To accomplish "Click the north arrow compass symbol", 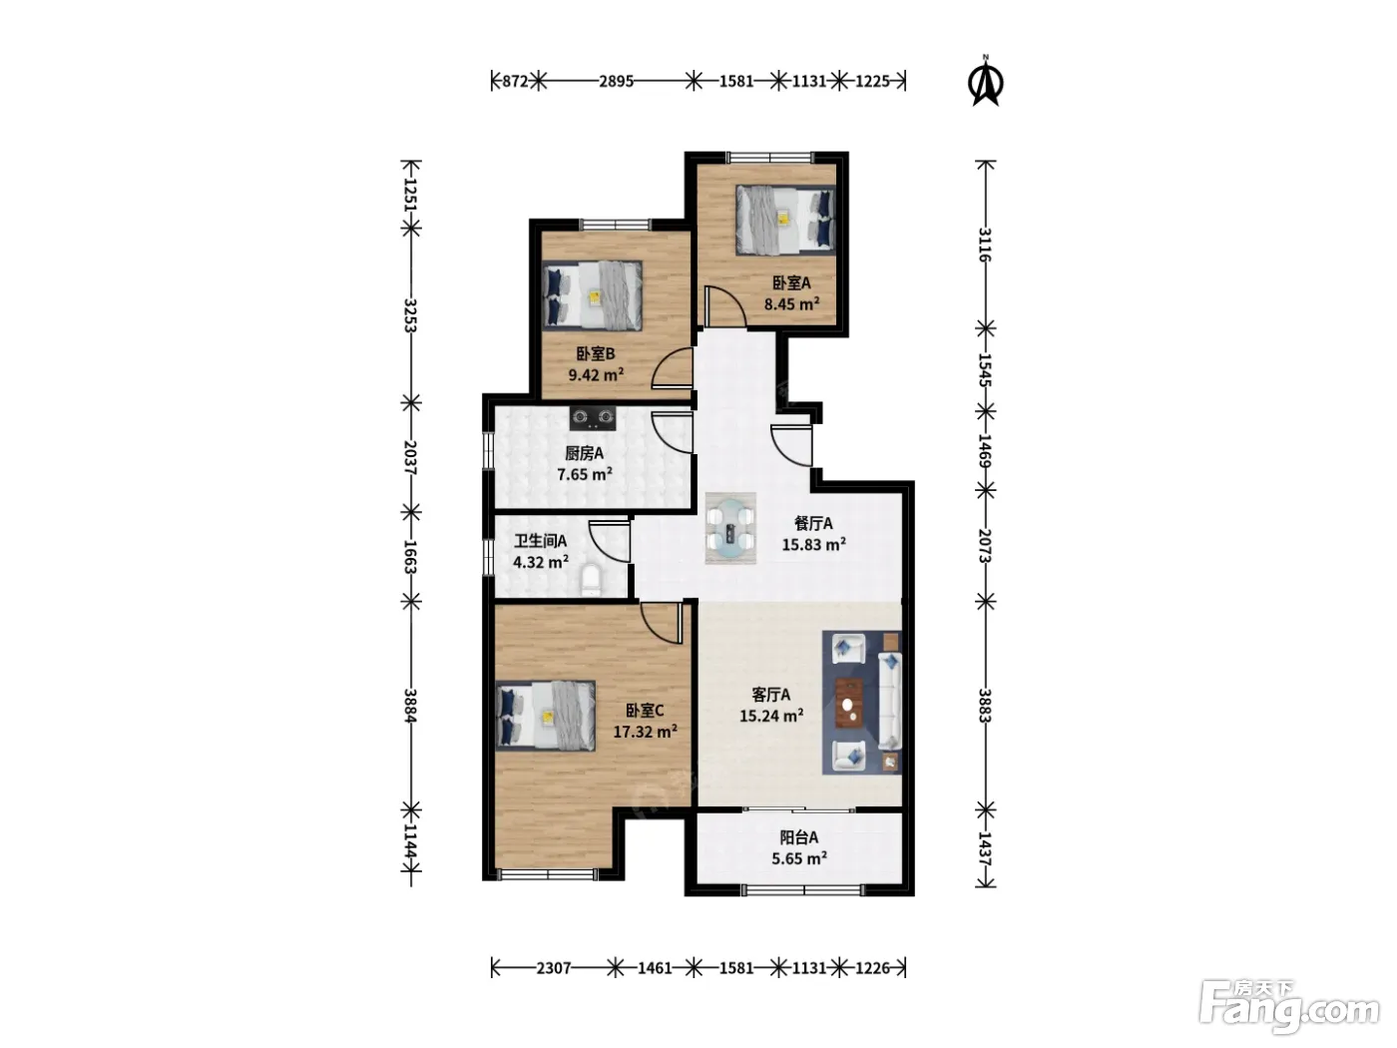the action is tap(985, 81).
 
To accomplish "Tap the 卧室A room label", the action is tap(791, 282).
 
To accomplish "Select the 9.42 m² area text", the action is tap(596, 374).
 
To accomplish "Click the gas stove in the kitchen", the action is tap(593, 417).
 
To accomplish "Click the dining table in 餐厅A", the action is tap(730, 528).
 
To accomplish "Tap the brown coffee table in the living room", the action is tap(849, 703).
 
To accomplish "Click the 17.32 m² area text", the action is tap(645, 732).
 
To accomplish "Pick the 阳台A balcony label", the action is tap(798, 837).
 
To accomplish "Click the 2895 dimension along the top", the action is tap(616, 82).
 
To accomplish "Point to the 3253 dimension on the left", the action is tap(410, 315).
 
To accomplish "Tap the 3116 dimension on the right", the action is tap(985, 245).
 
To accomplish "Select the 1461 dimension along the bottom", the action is tap(655, 968).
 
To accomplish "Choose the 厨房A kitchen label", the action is tap(585, 453).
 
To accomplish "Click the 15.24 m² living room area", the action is tap(770, 716).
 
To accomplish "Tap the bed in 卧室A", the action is tap(785, 220).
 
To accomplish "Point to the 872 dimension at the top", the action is tap(515, 82).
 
